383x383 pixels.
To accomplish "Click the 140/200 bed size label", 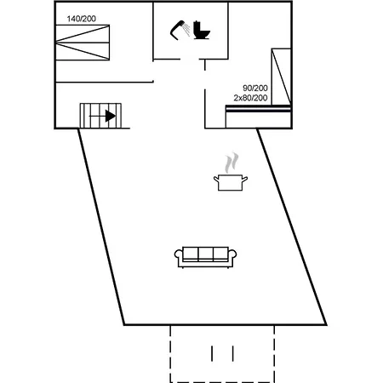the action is tap(82, 19).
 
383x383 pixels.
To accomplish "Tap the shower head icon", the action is tap(176, 31).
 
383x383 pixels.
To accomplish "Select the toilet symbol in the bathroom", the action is tap(202, 30).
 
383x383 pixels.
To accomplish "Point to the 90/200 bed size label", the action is tap(255, 88).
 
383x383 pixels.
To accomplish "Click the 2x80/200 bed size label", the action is tap(250, 98).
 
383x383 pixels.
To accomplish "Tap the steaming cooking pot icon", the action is tap(231, 172).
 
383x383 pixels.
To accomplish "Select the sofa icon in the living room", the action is tap(205, 257).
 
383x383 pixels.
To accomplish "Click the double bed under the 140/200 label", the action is tap(83, 43).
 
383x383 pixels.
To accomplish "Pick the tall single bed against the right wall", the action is tap(281, 77).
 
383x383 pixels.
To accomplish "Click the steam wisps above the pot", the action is tap(232, 163).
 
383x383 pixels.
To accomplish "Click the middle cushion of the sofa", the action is tap(206, 254).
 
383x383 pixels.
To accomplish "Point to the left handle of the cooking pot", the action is tap(216, 179).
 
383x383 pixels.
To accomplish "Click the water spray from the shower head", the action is tap(186, 30).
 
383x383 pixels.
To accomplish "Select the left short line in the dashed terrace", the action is tap(212, 353).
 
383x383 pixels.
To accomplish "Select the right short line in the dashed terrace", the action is tap(233, 353).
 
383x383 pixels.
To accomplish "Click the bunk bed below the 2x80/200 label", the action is tap(259, 117).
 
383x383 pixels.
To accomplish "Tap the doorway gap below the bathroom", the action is tap(190, 60).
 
